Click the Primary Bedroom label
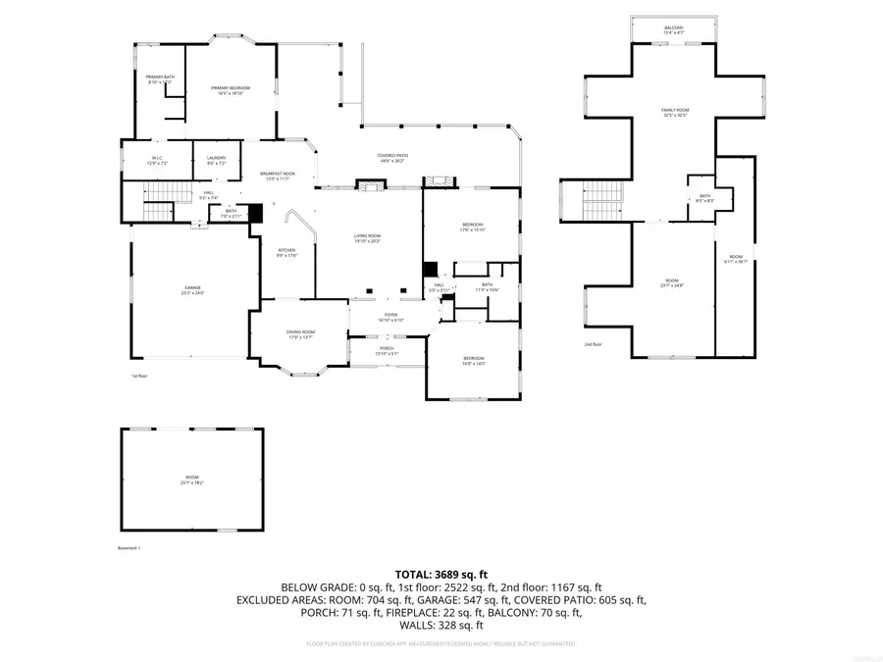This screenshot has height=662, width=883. [231, 89]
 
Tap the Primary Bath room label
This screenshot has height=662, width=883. [159, 78]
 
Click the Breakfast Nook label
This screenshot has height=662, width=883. [276, 176]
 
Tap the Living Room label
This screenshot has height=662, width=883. [368, 237]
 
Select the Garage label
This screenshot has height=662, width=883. [190, 289]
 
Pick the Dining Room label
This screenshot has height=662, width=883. [300, 334]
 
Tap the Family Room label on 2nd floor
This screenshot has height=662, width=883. [673, 113]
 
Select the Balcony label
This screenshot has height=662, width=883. [673, 28]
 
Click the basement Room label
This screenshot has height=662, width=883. [191, 479]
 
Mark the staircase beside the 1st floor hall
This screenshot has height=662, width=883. [158, 210]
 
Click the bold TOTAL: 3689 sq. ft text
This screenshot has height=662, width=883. [441, 574]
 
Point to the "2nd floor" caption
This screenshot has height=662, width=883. [593, 345]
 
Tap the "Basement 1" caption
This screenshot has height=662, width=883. [130, 548]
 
